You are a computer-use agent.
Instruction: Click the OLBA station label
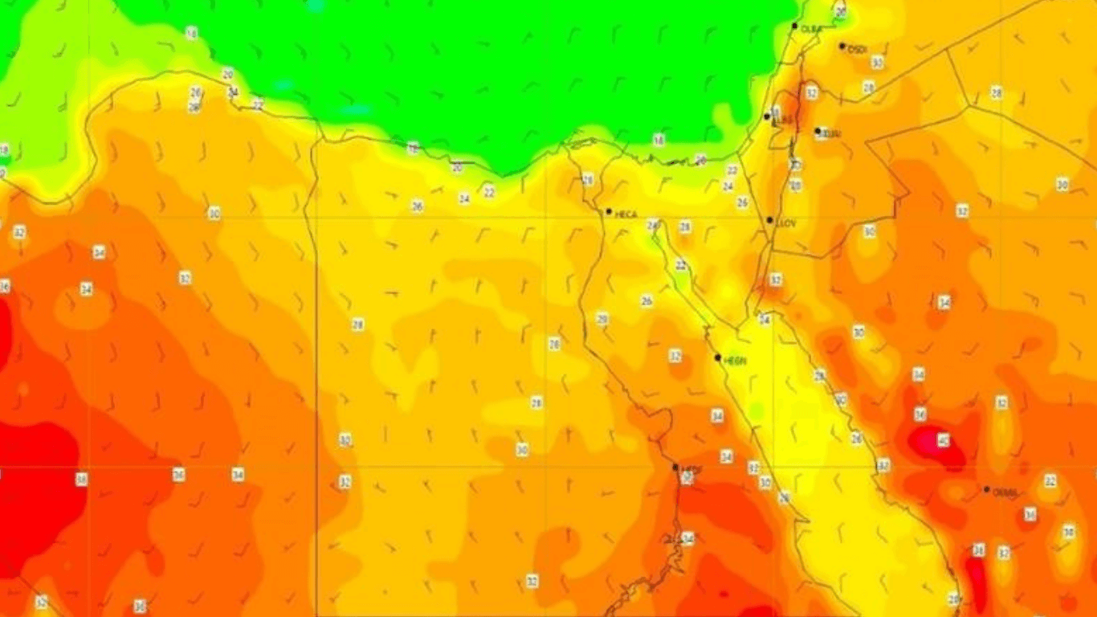click(x=812, y=29)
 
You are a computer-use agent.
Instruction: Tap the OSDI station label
click(x=858, y=50)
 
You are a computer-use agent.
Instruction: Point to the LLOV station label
click(x=786, y=223)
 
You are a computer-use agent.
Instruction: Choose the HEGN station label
click(x=735, y=362)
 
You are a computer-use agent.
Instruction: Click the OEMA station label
click(x=1005, y=492)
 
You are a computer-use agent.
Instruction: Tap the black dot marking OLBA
click(x=794, y=27)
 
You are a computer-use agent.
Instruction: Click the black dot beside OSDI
click(x=842, y=47)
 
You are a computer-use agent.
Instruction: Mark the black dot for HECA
click(x=609, y=211)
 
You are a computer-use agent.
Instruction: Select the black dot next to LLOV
click(x=769, y=220)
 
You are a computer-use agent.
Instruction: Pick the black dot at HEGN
click(x=718, y=358)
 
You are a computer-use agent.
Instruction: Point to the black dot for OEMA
click(x=987, y=489)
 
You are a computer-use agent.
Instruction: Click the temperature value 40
click(x=943, y=440)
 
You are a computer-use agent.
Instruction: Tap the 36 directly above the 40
click(x=920, y=415)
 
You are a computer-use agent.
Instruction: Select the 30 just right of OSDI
click(x=877, y=62)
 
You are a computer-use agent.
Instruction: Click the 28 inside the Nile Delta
click(x=587, y=180)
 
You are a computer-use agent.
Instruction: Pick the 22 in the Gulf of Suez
click(x=681, y=265)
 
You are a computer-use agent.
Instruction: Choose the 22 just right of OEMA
click(x=1050, y=480)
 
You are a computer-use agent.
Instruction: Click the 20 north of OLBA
click(x=841, y=13)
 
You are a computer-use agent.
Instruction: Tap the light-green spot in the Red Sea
click(x=755, y=411)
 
